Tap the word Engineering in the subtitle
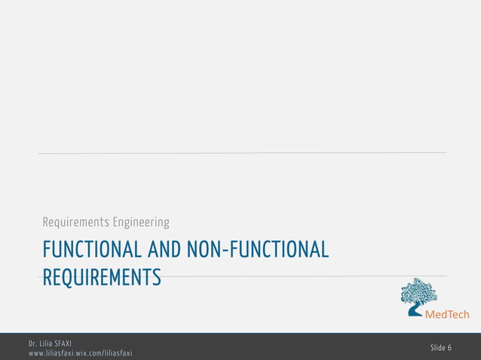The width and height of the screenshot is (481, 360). pos(141,222)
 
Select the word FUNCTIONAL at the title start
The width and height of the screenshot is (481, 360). pos(91,249)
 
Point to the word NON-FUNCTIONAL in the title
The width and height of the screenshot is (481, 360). pos(262,249)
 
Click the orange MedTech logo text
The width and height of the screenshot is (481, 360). pos(448,314)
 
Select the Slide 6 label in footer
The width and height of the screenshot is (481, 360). pos(441,347)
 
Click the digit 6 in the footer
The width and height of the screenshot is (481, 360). pos(450,347)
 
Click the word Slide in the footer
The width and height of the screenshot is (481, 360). pos(438,347)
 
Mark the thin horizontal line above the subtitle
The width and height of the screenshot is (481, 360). pos(242,153)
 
